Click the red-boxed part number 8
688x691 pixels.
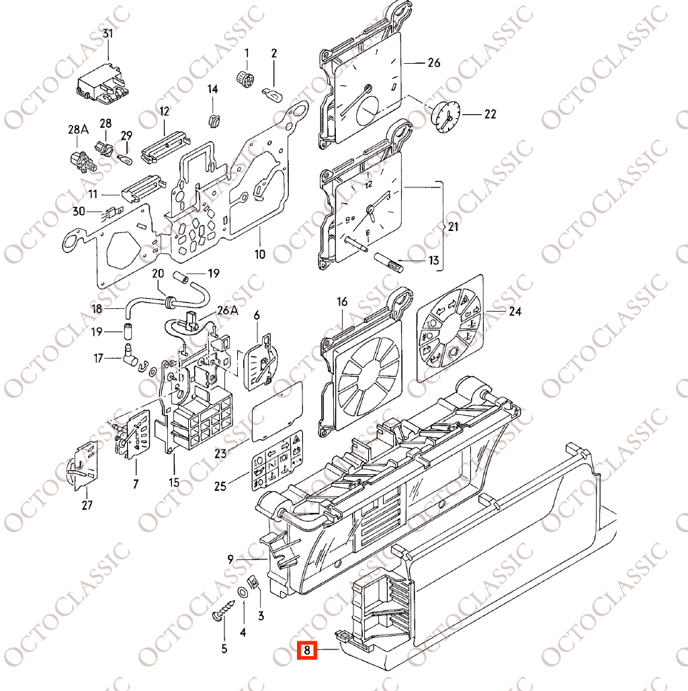(x=307, y=650)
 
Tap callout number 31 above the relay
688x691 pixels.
(x=107, y=34)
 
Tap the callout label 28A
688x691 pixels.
(x=78, y=129)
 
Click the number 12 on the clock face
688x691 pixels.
(x=369, y=184)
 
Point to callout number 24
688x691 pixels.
(x=515, y=312)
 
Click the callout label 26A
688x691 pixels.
(x=228, y=310)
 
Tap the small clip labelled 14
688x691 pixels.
(x=214, y=120)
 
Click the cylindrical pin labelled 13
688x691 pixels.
(x=388, y=262)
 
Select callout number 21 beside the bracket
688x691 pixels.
(x=454, y=226)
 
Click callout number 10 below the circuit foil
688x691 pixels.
(x=260, y=254)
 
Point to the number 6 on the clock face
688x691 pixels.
(x=368, y=233)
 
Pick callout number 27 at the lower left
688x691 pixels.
(x=87, y=505)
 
